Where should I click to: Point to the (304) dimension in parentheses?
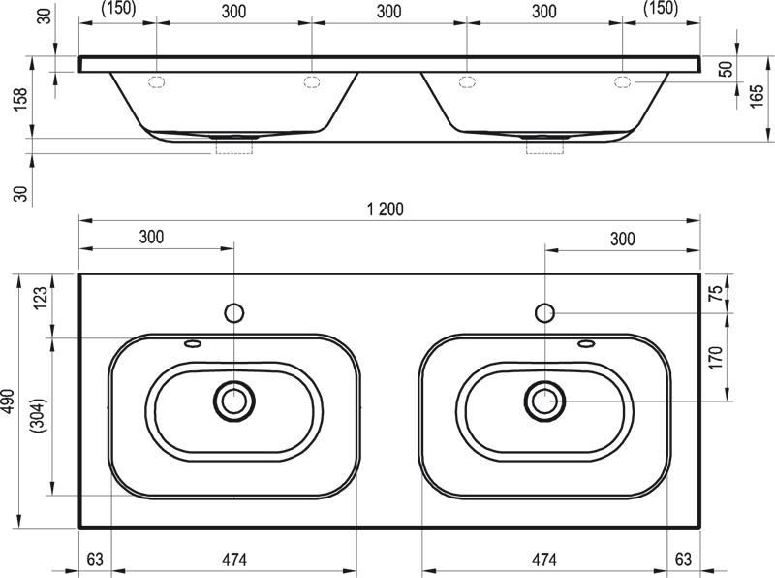click(x=40, y=415)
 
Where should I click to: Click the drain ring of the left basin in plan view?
click(x=233, y=398)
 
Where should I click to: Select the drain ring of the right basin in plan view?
click(x=544, y=398)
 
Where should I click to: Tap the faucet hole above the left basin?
click(x=233, y=312)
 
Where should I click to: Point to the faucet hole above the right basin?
click(x=544, y=312)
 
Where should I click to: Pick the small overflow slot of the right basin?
click(x=585, y=342)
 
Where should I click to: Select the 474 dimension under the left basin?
click(x=233, y=559)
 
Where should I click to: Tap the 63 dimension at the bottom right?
click(x=683, y=559)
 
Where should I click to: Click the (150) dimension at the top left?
click(x=117, y=10)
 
